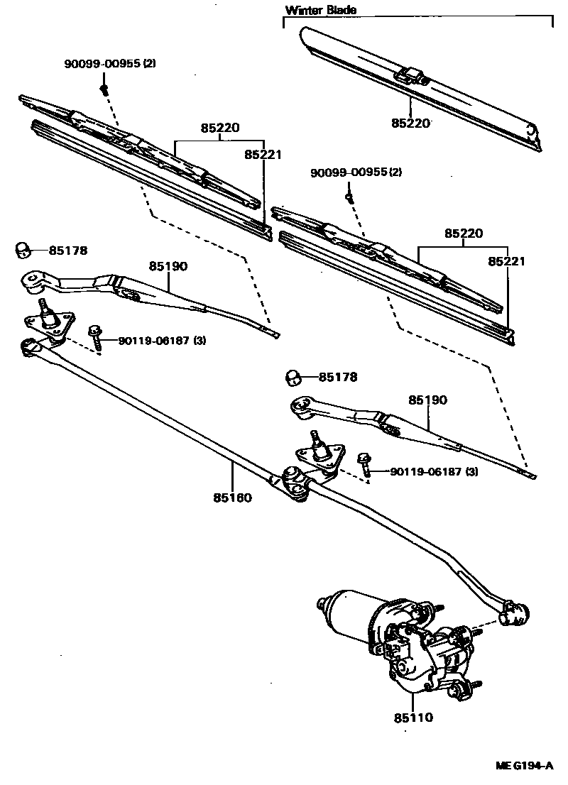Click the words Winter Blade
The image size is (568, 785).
[320, 10]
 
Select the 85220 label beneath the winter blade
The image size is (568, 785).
[410, 123]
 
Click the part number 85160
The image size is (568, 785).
[232, 498]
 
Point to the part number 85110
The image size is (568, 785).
[413, 718]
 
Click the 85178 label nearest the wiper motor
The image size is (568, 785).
[338, 378]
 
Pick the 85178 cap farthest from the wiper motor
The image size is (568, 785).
[23, 250]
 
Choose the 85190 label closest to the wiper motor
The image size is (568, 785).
[427, 400]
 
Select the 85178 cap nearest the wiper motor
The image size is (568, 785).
[293, 377]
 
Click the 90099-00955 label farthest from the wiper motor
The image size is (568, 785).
[110, 64]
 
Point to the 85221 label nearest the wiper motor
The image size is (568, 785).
[507, 261]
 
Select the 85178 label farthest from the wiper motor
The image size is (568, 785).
[68, 250]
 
